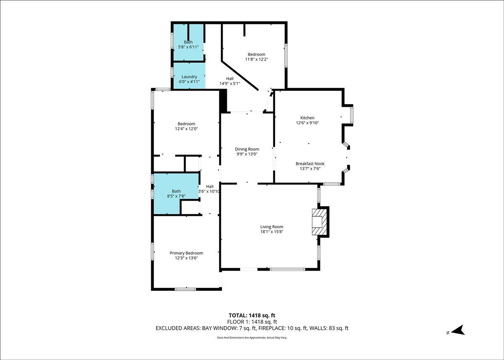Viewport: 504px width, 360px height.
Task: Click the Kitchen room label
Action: (x=307, y=118)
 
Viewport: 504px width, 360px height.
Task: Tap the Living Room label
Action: (x=272, y=227)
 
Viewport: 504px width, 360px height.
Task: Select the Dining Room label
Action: (x=247, y=149)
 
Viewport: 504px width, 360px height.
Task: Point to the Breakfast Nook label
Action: (x=310, y=163)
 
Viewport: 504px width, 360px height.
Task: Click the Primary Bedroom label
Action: (x=186, y=253)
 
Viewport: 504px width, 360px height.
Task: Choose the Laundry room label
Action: (x=189, y=77)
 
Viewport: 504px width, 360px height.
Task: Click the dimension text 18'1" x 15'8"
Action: (x=272, y=232)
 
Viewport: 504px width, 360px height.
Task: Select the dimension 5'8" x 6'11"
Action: (x=188, y=47)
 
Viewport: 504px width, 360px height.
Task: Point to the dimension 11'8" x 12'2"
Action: (x=257, y=59)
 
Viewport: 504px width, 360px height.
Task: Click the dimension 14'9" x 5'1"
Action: (x=230, y=84)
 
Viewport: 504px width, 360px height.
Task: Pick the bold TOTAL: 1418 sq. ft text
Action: (x=252, y=315)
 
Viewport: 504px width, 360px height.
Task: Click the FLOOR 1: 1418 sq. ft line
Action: (x=252, y=322)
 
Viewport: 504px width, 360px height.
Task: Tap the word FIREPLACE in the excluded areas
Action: (x=272, y=328)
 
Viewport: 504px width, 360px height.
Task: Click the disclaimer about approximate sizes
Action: (x=252, y=337)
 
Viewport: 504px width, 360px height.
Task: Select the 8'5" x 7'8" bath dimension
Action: (x=176, y=196)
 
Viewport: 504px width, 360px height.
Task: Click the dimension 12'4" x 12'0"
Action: (x=186, y=129)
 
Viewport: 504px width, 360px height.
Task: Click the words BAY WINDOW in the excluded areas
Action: (x=219, y=328)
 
